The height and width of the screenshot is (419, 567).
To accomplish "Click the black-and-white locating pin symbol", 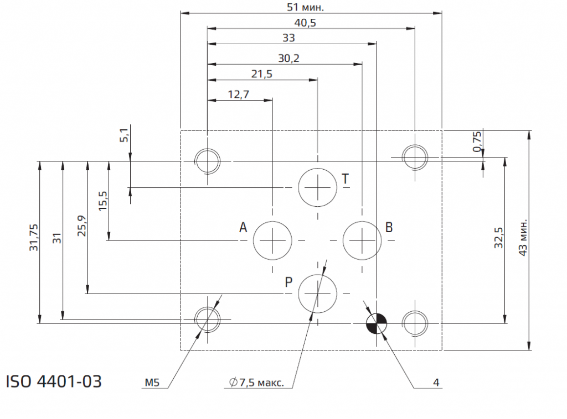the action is pos(377,323).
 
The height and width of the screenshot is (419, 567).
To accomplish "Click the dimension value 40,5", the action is pos(305,23).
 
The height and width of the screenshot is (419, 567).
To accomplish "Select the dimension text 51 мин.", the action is pos(305,7).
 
